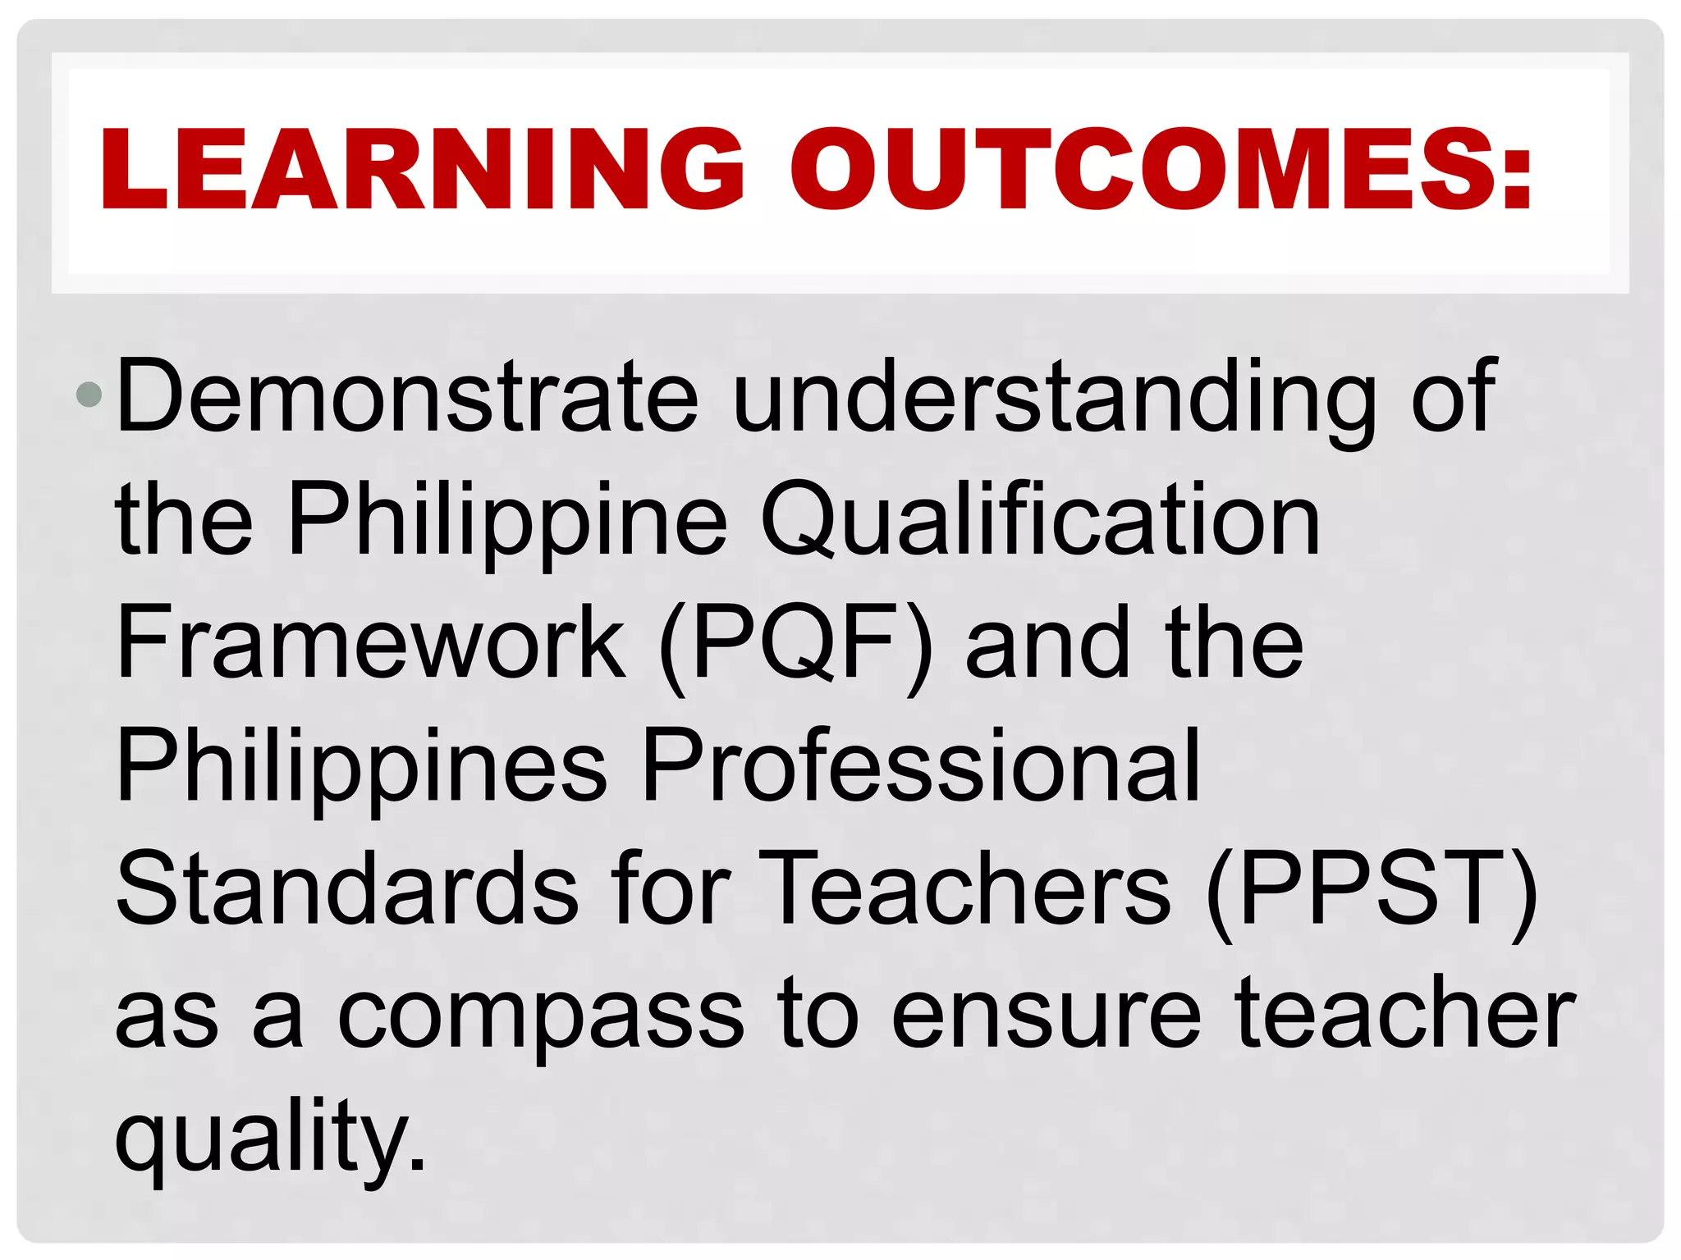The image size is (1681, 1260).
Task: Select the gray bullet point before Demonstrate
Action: pos(88,395)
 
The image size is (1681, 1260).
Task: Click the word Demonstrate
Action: pos(407,397)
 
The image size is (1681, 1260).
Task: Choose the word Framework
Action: pos(371,643)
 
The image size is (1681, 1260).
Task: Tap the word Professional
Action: pos(921,766)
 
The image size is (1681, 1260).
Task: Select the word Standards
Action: pos(347,889)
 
